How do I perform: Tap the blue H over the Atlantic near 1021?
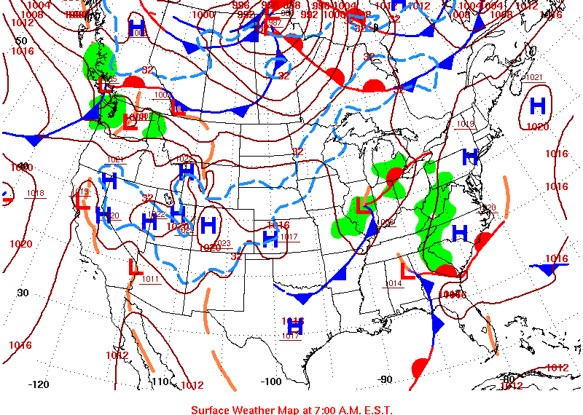click(538, 106)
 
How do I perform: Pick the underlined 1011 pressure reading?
click(151, 279)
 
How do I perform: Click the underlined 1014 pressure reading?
click(393, 283)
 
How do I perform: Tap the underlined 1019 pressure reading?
click(465, 124)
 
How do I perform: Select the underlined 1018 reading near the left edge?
click(35, 193)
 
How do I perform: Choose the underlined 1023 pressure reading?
click(223, 243)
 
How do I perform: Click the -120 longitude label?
click(39, 384)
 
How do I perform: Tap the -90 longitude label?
click(386, 379)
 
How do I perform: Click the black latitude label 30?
click(23, 293)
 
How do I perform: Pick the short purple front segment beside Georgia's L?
click(418, 274)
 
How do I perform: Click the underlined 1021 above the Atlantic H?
click(534, 77)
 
